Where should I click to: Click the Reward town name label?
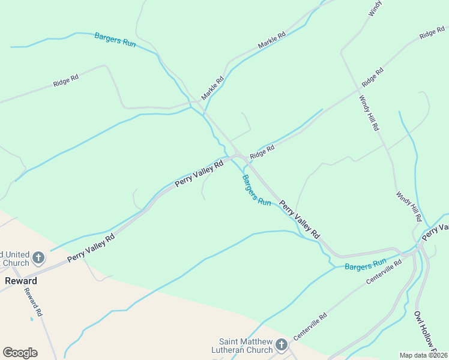coord(22,281)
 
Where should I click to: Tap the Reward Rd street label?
coord(33,302)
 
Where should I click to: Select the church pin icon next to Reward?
coord(38,259)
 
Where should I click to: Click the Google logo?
coord(20,353)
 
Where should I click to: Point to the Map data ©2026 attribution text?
coord(423,355)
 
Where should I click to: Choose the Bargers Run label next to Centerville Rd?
coord(365,264)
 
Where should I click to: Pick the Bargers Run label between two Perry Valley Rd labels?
coord(256,190)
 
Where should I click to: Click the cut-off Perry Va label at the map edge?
coord(436,232)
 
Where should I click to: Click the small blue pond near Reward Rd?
coord(32,319)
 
